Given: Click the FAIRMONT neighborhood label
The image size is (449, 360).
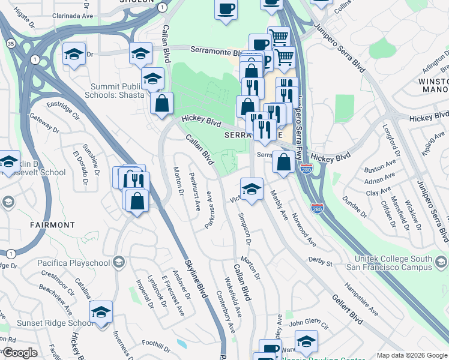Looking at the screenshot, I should coord(52,225).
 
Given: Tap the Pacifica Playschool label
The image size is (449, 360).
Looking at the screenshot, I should coord(76,263).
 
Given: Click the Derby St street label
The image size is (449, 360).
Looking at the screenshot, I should coord(321,262).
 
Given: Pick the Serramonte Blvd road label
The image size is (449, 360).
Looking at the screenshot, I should coord(219,50).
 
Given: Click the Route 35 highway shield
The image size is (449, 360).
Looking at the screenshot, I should coord(11,43).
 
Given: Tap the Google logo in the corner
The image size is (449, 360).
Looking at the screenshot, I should coord(20,352).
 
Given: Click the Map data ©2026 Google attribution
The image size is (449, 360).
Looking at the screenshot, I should coord(411,355).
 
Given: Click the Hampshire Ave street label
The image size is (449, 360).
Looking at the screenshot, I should coord(362,299).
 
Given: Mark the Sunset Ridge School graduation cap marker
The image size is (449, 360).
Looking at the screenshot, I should coord(101,312).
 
